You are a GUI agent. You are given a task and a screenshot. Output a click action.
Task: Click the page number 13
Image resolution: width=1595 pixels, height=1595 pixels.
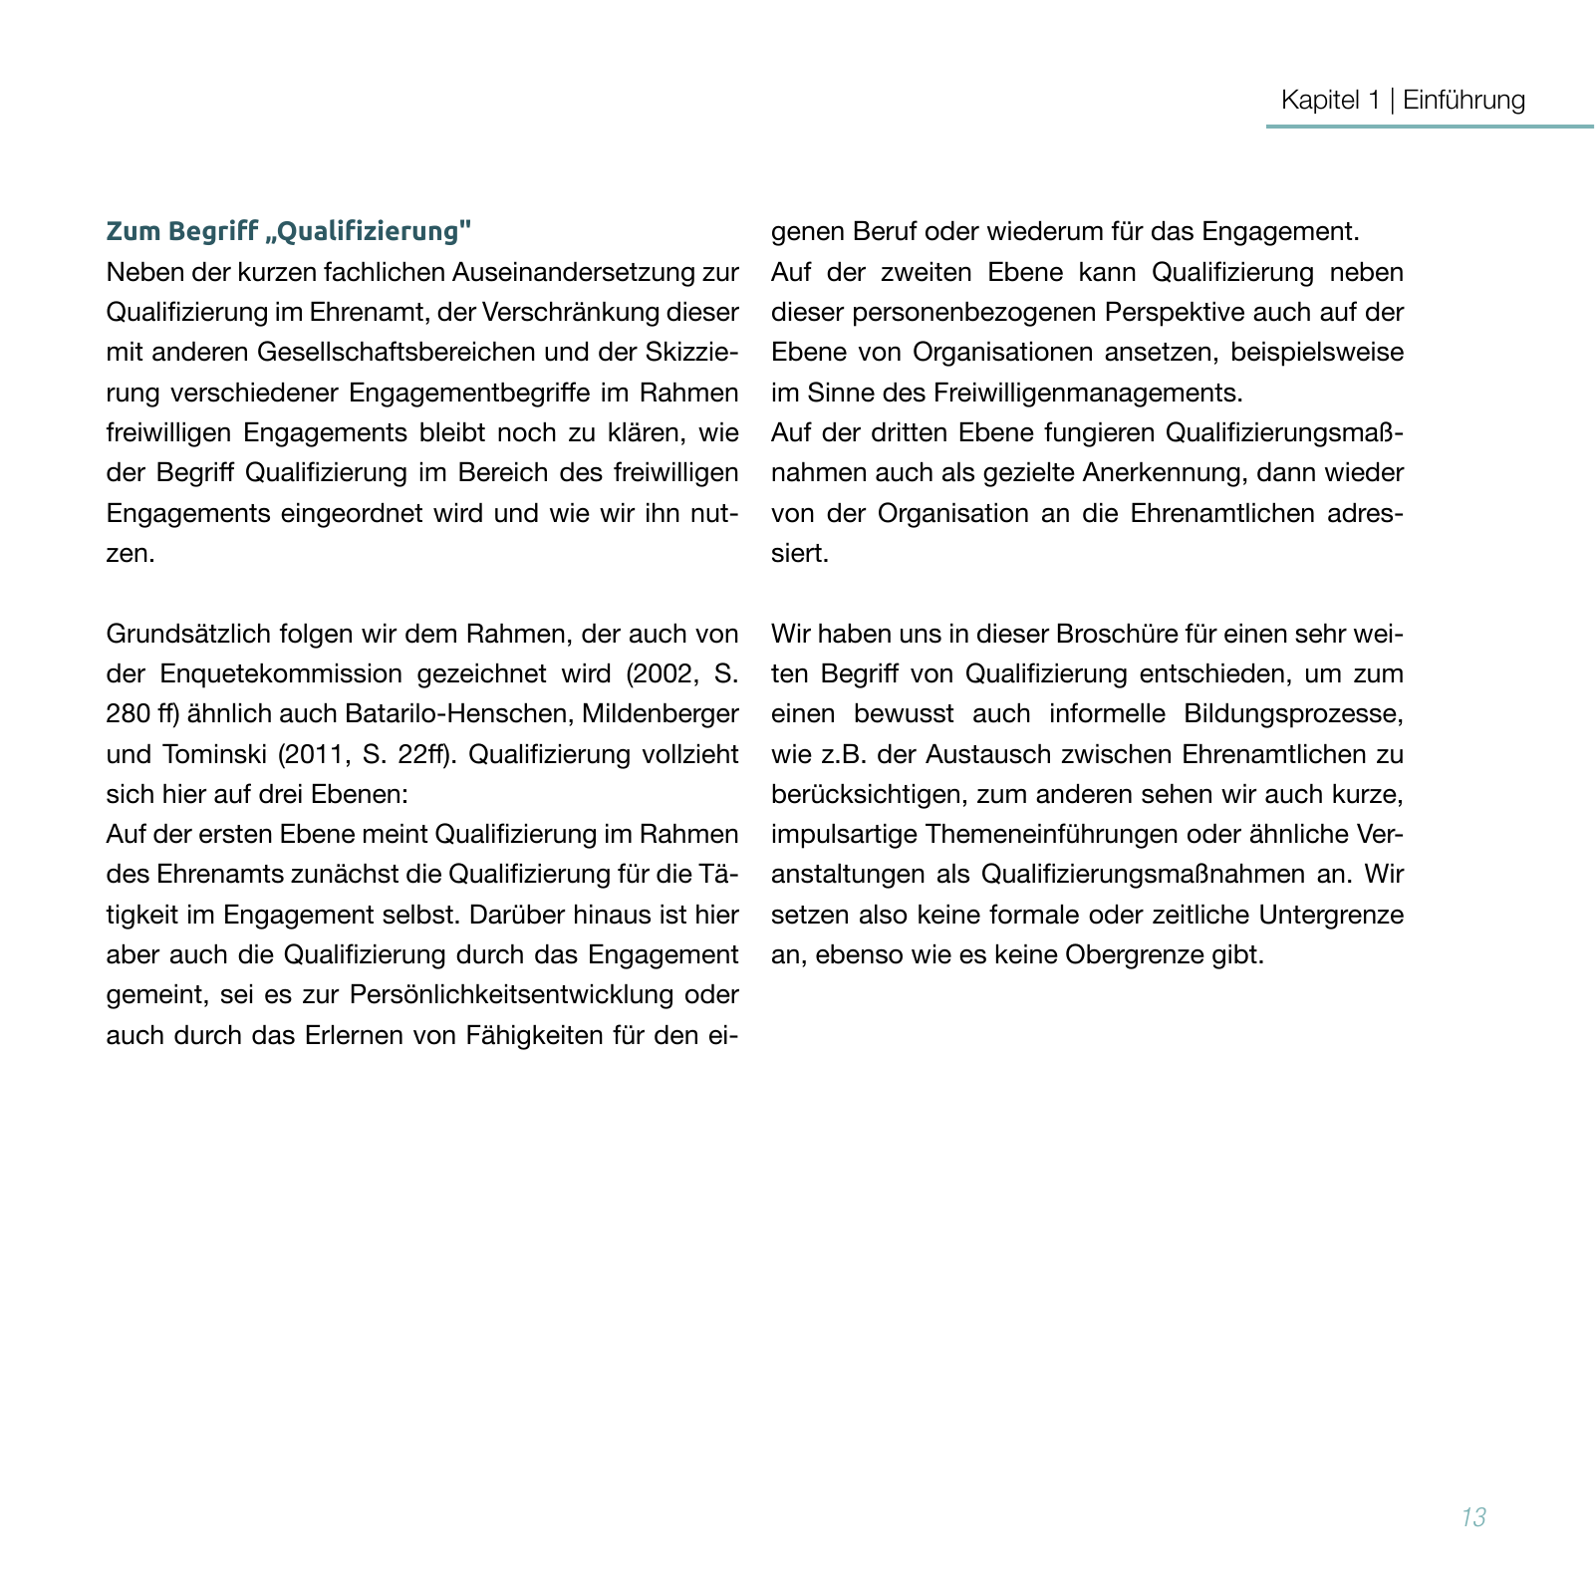pos(1473,1517)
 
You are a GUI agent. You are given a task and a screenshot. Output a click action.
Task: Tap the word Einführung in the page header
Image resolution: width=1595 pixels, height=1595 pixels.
pos(1463,100)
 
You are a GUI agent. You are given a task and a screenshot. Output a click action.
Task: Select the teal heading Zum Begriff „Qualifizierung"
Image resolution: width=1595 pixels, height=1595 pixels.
pos(288,231)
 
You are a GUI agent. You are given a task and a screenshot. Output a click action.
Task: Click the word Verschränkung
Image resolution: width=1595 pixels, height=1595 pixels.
pos(566,312)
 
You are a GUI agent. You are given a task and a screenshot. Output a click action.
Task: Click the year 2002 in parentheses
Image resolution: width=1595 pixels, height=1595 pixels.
pos(667,674)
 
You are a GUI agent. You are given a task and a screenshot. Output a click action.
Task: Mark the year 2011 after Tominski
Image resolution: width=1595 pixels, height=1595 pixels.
pos(317,755)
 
